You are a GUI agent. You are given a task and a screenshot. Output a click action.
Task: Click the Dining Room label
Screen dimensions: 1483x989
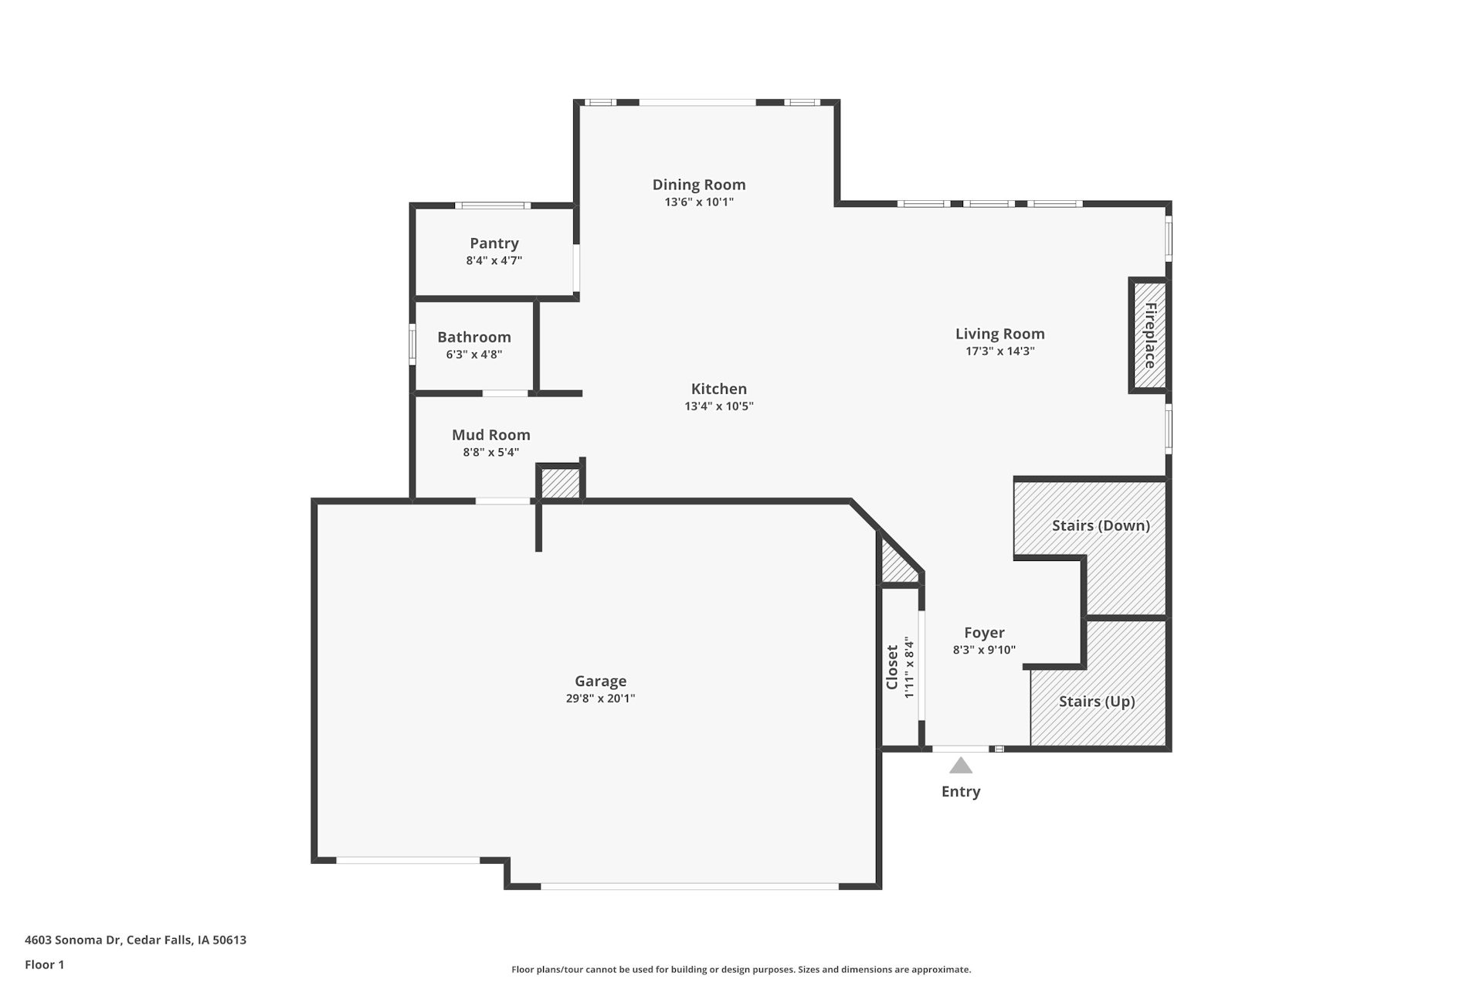click(699, 185)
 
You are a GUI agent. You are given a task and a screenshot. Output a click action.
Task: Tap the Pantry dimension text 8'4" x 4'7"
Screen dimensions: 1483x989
click(494, 260)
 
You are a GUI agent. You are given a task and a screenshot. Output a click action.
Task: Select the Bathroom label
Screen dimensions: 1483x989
click(474, 337)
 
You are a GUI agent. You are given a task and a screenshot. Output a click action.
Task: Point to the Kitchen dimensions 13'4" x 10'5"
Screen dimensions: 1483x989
click(719, 406)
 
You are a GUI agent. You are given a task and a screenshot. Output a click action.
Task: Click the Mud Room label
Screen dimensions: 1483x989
click(491, 435)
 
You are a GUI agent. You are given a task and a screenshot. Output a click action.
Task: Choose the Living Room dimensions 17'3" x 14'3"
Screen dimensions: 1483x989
click(1000, 351)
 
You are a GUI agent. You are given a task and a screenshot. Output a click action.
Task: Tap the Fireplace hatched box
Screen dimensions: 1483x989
click(1150, 335)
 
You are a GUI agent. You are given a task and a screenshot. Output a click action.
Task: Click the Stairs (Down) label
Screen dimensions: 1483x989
click(1101, 525)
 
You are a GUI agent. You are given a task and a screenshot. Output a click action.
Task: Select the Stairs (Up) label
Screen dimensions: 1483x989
click(1097, 702)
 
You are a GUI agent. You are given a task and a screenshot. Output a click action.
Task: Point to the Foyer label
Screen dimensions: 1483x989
click(984, 633)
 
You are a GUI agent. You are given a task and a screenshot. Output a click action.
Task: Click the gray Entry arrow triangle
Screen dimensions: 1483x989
click(961, 766)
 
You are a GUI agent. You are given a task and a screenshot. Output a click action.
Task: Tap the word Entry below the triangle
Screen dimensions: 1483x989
click(961, 791)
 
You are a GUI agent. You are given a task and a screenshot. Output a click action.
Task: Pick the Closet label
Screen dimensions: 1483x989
click(892, 668)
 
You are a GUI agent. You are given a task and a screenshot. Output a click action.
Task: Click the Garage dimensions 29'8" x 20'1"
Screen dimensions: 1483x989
click(600, 698)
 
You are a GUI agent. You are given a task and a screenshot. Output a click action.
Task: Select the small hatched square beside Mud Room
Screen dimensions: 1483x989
click(560, 484)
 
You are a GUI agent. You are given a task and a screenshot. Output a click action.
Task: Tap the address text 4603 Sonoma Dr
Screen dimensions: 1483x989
click(73, 940)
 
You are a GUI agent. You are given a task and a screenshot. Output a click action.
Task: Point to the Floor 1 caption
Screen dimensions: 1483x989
click(45, 964)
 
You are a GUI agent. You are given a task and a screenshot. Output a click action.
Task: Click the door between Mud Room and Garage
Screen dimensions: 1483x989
click(503, 501)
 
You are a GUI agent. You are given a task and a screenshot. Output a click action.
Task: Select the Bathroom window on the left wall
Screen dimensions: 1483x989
click(412, 344)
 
